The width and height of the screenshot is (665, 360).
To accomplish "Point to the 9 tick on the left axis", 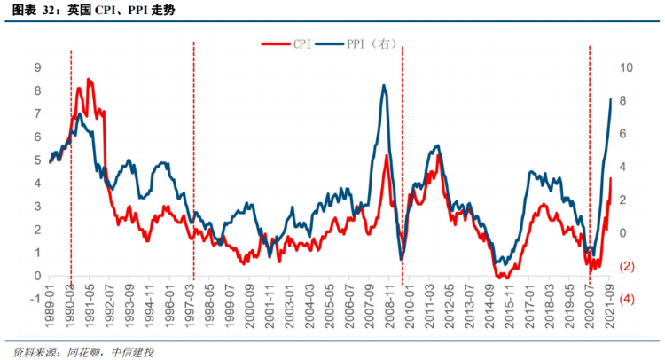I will point(37,67).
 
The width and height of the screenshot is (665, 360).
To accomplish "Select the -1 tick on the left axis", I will point(35,299).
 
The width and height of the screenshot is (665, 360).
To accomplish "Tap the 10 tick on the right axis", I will point(625,67).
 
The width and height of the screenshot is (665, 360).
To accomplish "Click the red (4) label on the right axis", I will point(625,299).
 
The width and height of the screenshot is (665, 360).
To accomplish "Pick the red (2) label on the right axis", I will point(625,266).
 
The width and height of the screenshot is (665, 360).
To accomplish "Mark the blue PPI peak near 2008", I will point(383,86).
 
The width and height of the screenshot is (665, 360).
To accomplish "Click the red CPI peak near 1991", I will point(89,80).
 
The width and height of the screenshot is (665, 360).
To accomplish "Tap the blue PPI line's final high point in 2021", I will point(611,98).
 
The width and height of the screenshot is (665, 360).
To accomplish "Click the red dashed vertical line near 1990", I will point(71,177).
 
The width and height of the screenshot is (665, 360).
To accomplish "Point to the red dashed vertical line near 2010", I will point(403,177).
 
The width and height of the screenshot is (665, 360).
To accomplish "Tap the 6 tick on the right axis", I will point(625,133).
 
